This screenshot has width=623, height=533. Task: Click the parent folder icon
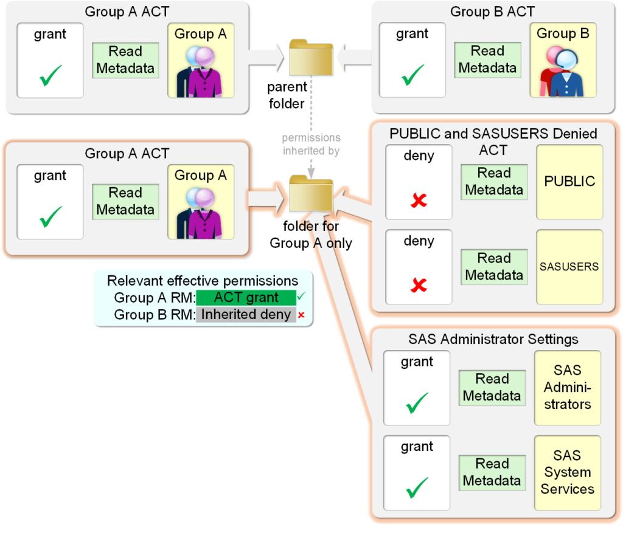311,58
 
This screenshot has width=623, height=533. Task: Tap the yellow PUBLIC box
569,182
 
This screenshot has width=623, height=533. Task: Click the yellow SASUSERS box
569,267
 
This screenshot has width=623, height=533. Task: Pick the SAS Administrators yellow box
567,387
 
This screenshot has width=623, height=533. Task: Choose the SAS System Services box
567,472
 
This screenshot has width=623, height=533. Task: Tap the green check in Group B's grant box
412,76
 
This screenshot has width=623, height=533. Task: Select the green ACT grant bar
246,298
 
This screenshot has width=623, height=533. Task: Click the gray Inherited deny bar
246,315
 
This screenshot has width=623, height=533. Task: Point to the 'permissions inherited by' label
311,144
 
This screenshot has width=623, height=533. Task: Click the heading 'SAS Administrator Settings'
493,339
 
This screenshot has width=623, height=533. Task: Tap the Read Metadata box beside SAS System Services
492,472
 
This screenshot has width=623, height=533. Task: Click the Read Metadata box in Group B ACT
487,60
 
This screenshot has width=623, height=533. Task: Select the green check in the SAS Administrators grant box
417,402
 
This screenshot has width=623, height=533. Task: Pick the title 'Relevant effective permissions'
203,281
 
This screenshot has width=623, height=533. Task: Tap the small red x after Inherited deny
301,315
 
